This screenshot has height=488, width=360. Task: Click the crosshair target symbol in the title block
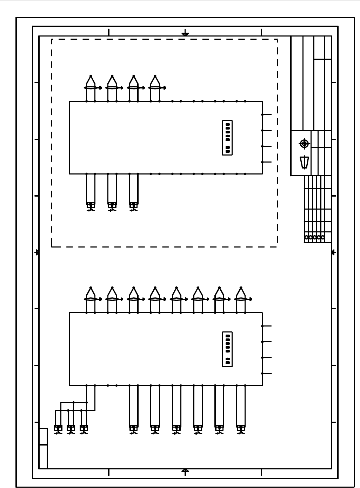tap(304, 144)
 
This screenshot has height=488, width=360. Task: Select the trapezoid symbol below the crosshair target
tap(304, 162)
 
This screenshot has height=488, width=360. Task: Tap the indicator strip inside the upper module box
tap(227, 138)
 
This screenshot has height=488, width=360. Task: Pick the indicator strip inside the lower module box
tap(227, 349)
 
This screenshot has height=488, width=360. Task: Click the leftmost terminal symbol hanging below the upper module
tap(91, 206)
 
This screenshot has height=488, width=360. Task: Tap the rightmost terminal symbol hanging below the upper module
tap(133, 206)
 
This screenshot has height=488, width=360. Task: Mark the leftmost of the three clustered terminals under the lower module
tap(58, 429)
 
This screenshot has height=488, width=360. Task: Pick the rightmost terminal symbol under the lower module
tap(241, 429)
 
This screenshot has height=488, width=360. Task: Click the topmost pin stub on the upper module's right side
tap(267, 114)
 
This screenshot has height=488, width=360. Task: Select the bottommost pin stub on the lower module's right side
tap(267, 374)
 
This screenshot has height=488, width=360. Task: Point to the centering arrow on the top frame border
tap(185, 34)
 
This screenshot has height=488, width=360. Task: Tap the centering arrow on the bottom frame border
tap(185, 471)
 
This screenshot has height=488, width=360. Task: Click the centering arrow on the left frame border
tap(37, 252)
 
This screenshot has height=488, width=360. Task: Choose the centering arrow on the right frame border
tap(333, 252)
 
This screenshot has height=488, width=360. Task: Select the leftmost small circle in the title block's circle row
tap(306, 237)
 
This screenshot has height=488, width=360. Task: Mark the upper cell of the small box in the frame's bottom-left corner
tap(43, 436)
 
